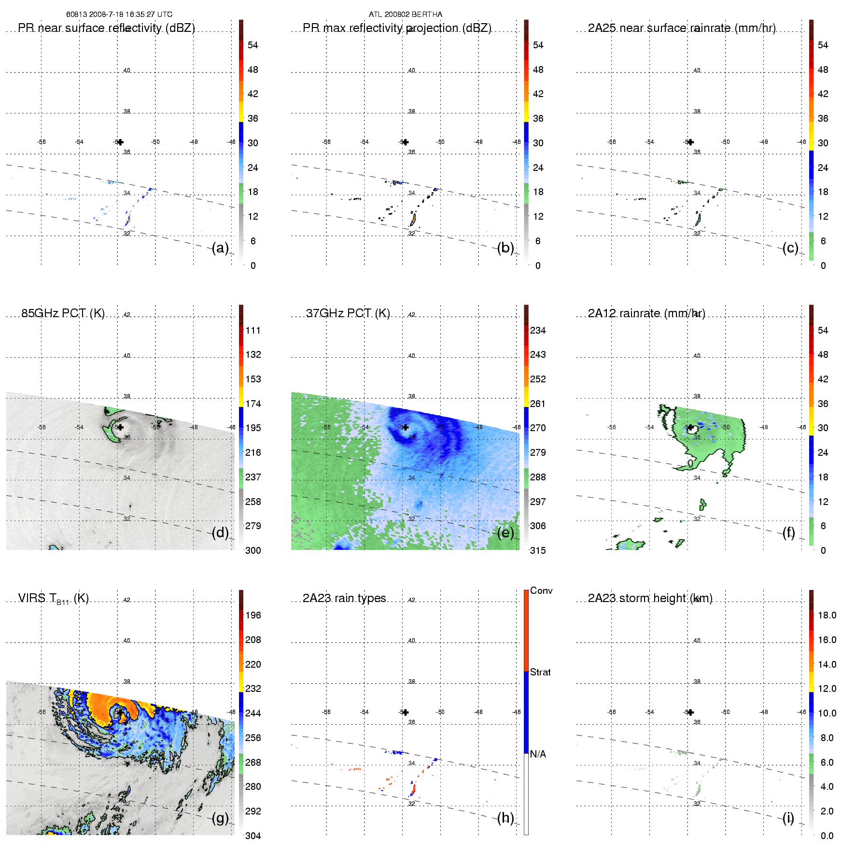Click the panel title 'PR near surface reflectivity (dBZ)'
tap(106, 28)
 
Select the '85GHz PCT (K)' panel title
tap(63, 313)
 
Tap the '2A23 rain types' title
tap(344, 598)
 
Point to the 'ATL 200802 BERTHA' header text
tap(406, 14)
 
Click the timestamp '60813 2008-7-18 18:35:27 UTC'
tap(119, 14)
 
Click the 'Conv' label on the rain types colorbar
tap(541, 590)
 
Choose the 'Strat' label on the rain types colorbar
tap(540, 672)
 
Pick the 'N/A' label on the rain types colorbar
tap(538, 754)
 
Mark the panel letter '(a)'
tap(220, 248)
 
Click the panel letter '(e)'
tap(505, 533)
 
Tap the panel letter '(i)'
tap(788, 818)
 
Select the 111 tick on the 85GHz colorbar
tap(253, 330)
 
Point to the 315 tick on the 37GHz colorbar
tap(538, 550)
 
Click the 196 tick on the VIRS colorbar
tap(253, 615)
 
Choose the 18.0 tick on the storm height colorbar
tap(827, 615)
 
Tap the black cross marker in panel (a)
tap(120, 142)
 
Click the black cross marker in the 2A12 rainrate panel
tap(691, 427)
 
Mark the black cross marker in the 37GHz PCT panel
tap(406, 427)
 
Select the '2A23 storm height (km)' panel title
tap(650, 598)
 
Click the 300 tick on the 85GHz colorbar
tap(253, 550)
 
